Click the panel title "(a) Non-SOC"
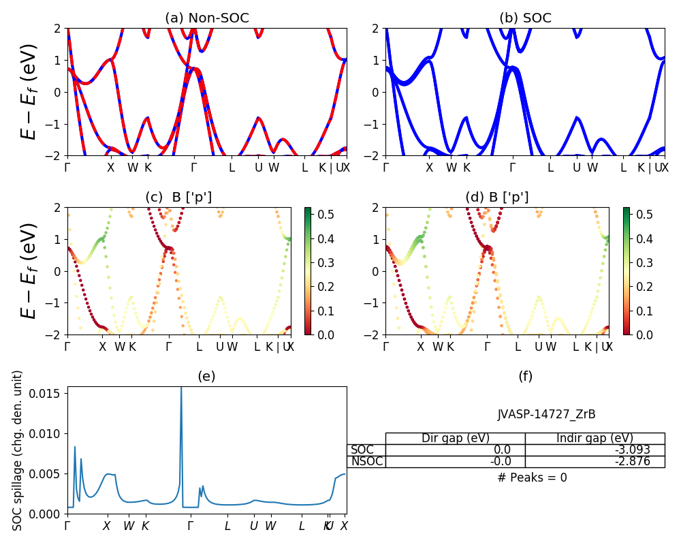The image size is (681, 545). (207, 18)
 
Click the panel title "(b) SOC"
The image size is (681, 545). (524, 18)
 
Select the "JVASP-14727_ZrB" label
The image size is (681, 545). (547, 414)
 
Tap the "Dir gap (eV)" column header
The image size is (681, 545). (455, 438)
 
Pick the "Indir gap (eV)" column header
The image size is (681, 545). (595, 438)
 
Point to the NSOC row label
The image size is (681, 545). (366, 461)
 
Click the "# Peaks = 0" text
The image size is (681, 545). (532, 478)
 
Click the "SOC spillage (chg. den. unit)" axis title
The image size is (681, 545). (18, 450)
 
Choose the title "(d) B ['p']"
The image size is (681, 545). (496, 198)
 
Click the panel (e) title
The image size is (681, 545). (206, 377)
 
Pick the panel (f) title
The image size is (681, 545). (525, 377)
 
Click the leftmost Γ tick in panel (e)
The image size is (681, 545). (67, 526)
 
